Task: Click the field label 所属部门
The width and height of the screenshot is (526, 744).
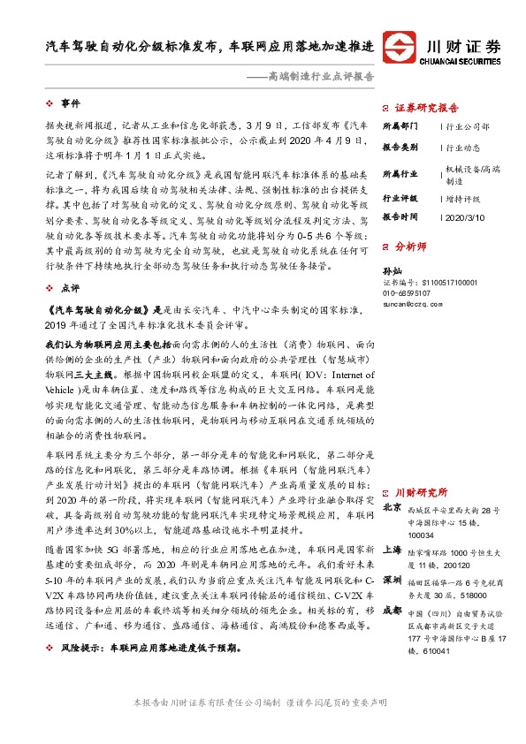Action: click(x=400, y=125)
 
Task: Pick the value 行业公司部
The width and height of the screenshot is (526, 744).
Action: click(x=468, y=126)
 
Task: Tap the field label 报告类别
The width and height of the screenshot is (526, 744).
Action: click(x=400, y=148)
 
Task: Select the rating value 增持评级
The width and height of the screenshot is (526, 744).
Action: click(x=463, y=199)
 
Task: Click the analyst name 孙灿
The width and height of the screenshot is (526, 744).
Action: click(x=393, y=270)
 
